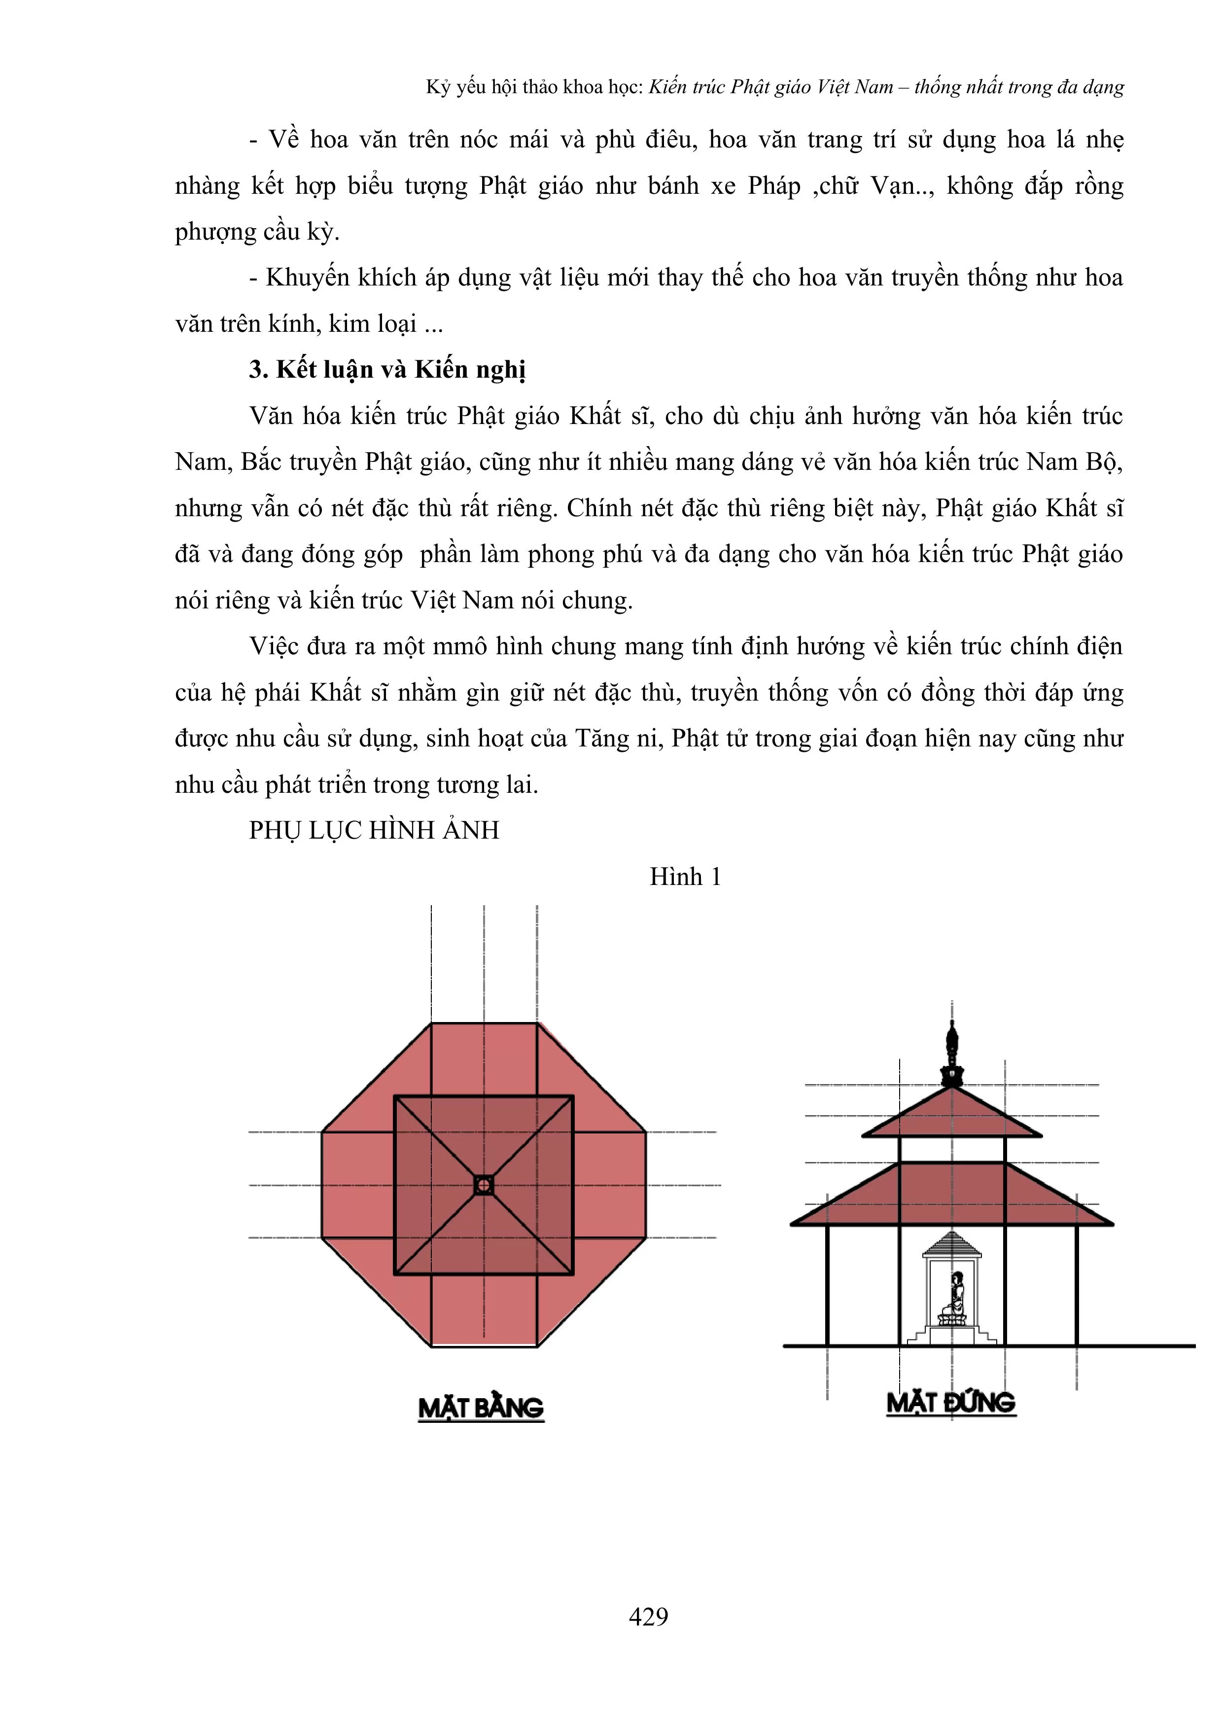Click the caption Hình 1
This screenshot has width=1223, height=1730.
click(x=685, y=876)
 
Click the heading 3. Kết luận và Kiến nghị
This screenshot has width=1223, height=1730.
click(x=387, y=369)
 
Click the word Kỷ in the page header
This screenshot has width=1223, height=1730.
click(x=438, y=87)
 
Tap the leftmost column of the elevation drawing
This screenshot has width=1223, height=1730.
click(x=827, y=1285)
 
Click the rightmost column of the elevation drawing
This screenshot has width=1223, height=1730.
click(x=1077, y=1285)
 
